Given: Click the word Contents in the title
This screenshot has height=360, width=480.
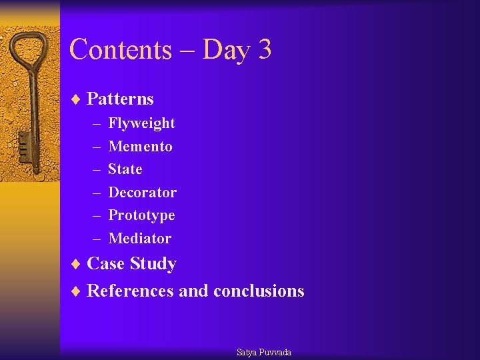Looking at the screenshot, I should [x=120, y=50].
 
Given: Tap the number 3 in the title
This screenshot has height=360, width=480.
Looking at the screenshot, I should [x=263, y=50].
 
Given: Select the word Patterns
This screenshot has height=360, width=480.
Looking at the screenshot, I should [x=120, y=99].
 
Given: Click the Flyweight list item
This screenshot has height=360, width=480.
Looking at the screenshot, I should [x=141, y=123].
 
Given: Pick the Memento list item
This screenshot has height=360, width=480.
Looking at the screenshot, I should [x=140, y=147].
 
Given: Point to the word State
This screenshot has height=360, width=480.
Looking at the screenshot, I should [x=125, y=169].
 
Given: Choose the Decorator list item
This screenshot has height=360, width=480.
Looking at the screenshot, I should [x=142, y=193].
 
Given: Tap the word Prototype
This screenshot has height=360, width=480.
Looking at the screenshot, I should [x=141, y=215].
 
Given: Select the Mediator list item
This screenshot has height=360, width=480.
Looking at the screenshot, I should [x=139, y=239].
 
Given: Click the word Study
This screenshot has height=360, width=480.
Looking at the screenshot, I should [x=153, y=264].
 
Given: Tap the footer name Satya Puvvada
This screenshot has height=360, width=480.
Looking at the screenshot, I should [x=264, y=352].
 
